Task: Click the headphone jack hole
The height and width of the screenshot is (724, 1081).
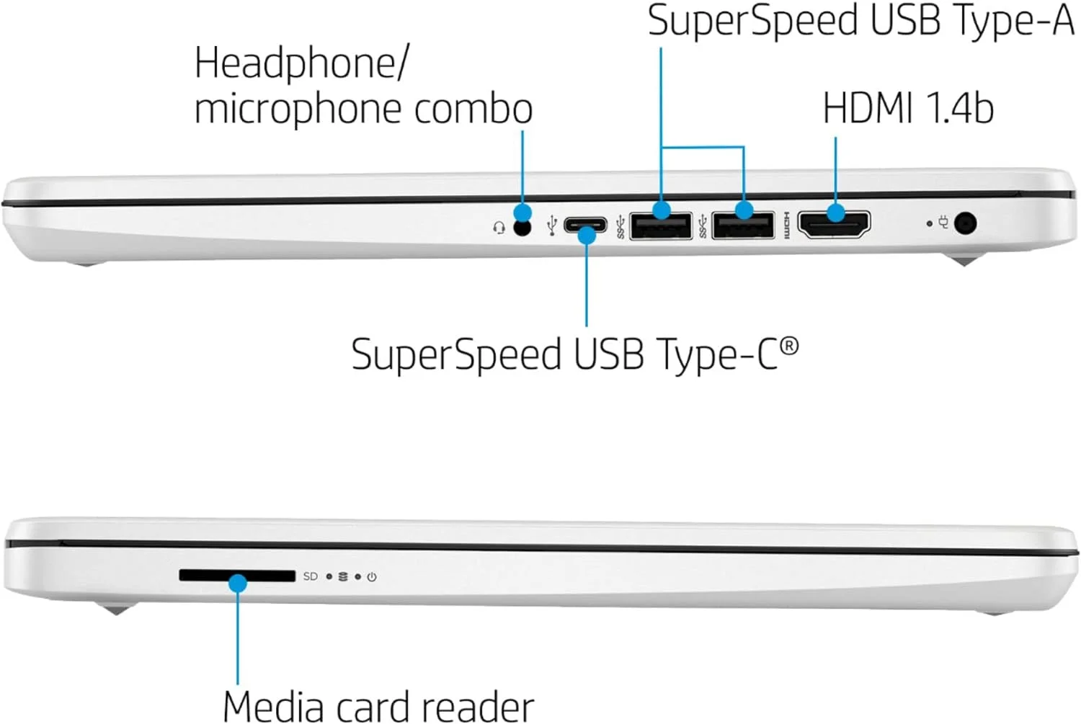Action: (x=522, y=228)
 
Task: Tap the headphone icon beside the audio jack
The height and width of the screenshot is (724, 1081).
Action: (x=499, y=227)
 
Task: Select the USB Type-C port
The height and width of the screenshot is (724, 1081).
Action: (x=585, y=225)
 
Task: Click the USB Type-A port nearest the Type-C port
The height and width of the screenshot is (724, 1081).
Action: (x=661, y=225)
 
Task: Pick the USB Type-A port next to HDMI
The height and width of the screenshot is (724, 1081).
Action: (x=743, y=225)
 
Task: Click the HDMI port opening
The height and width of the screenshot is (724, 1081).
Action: (x=834, y=225)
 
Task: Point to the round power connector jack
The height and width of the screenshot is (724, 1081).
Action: (x=965, y=224)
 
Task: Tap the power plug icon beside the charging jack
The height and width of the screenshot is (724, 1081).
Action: (x=943, y=223)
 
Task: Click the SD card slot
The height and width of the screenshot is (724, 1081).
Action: (x=237, y=576)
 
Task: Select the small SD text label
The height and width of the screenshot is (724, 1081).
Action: (x=311, y=576)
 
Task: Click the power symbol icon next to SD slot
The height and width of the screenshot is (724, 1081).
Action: (x=372, y=577)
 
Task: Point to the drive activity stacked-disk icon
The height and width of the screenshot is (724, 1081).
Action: (x=343, y=576)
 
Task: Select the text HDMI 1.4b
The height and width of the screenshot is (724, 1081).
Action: (x=908, y=109)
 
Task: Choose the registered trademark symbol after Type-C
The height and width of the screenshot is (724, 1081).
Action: (x=789, y=347)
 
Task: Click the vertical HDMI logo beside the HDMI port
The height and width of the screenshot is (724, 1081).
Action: (x=787, y=225)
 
